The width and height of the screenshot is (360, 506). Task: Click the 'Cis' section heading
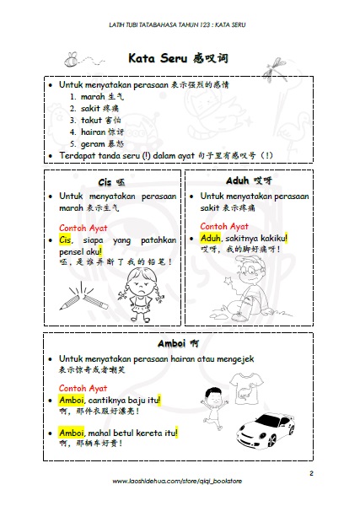pyautogui.click(x=105, y=182)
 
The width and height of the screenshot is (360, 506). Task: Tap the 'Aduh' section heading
pyautogui.click(x=238, y=180)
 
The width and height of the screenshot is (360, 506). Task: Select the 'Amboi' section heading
pyautogui.click(x=171, y=343)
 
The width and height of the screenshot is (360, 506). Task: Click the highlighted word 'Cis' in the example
pyautogui.click(x=66, y=240)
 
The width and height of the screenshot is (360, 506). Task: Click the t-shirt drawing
pyautogui.click(x=246, y=387)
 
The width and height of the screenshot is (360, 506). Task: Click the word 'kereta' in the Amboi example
pyautogui.click(x=139, y=433)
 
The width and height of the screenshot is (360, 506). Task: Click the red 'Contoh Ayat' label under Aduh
pyautogui.click(x=224, y=226)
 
